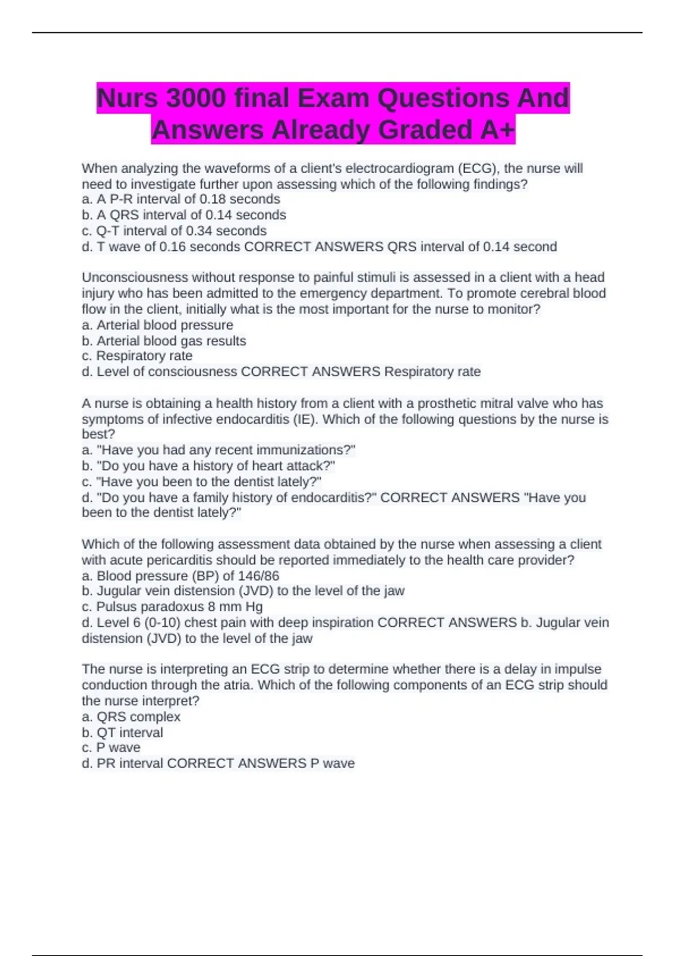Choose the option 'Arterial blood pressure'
(x=164, y=325)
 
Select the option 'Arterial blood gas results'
(x=171, y=341)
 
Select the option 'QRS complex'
(x=138, y=717)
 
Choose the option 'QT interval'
(x=129, y=733)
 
